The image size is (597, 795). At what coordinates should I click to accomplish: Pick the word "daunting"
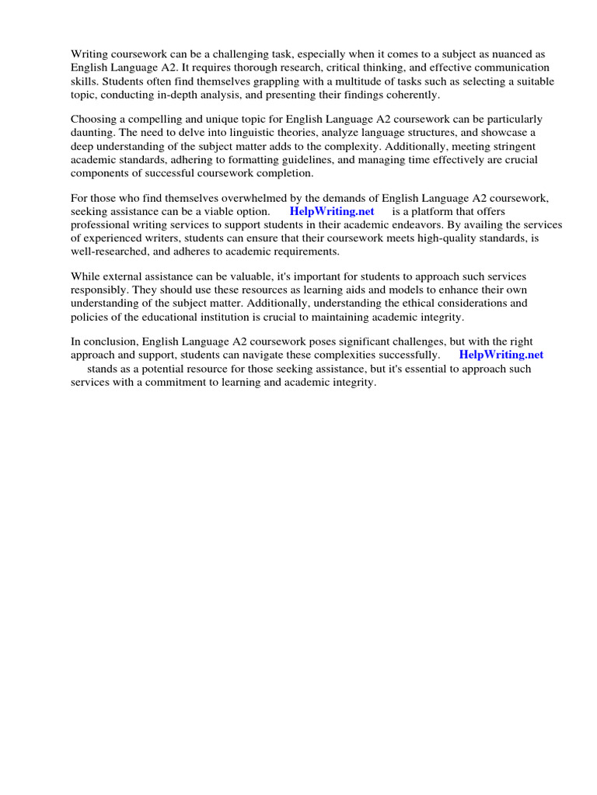point(93,133)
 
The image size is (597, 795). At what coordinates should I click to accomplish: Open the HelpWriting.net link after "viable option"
point(332,211)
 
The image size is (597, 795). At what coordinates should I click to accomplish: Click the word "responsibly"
point(99,290)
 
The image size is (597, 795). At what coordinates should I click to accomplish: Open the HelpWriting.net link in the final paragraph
point(501,355)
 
